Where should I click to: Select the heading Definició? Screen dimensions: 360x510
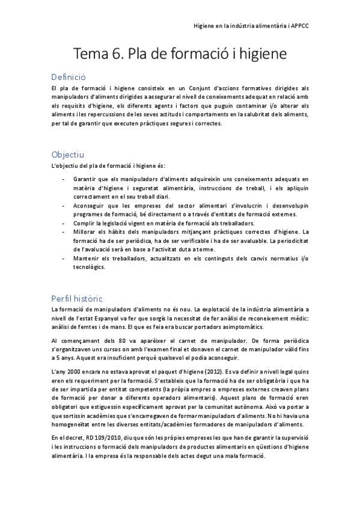(x=69, y=77)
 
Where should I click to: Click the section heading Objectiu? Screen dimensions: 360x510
(x=68, y=155)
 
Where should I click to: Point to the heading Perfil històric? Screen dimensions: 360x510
(x=78, y=298)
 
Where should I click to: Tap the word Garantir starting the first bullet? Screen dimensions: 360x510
(x=85, y=179)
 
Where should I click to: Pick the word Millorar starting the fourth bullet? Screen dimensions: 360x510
(x=86, y=232)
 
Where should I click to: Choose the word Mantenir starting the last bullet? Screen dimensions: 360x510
(x=87, y=258)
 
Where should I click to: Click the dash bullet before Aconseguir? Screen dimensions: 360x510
(x=64, y=205)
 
